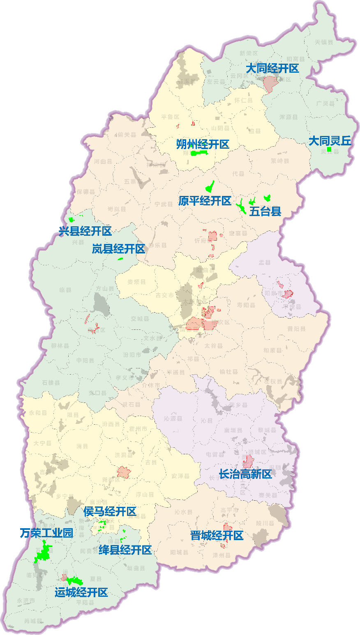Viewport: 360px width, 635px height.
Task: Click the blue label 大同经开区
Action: click(x=272, y=69)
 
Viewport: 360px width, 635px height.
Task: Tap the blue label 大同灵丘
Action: click(x=330, y=141)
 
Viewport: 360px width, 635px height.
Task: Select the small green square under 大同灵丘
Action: click(x=329, y=150)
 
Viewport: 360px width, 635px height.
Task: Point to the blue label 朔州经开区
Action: click(x=203, y=145)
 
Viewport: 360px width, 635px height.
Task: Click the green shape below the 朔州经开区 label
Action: click(x=200, y=153)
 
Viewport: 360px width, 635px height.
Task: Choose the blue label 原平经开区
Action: click(x=205, y=201)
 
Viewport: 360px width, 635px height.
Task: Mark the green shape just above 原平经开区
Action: click(x=210, y=187)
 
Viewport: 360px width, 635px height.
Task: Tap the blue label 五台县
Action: click(x=265, y=212)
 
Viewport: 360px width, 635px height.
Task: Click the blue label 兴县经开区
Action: click(x=85, y=231)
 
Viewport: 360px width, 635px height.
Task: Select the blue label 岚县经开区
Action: click(x=118, y=249)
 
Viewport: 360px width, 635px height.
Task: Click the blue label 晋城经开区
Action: click(x=217, y=536)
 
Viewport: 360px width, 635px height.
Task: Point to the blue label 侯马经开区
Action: click(x=110, y=512)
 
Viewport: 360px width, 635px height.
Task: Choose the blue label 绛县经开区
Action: click(x=125, y=550)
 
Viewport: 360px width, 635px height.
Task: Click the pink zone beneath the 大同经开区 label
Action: click(x=271, y=84)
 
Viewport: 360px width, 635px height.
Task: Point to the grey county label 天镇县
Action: click(x=324, y=42)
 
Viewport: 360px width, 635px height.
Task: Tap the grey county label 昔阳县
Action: click(x=296, y=329)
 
